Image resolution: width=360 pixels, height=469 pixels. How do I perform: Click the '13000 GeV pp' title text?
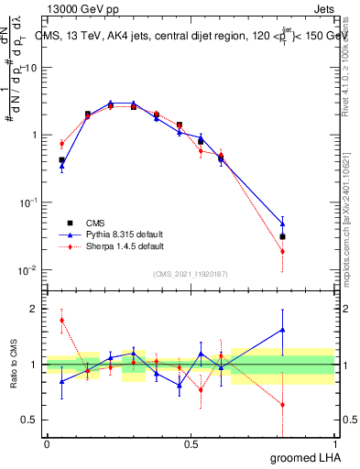coord(80,8)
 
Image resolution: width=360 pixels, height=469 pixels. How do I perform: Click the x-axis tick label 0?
coord(47,443)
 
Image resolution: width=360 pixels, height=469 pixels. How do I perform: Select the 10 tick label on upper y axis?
coord(30,68)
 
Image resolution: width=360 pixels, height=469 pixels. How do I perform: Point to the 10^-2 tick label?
coord(28,270)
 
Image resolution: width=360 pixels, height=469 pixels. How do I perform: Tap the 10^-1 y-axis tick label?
coord(28,202)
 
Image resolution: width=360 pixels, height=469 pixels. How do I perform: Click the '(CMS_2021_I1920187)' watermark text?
coord(191,273)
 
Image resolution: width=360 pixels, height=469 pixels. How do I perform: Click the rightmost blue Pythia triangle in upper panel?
coord(282,224)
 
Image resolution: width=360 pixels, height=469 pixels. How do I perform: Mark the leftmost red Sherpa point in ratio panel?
coord(61,320)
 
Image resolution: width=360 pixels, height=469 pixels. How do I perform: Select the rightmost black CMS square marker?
coord(282,236)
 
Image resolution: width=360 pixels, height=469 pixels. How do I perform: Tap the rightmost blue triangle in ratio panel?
coord(282,330)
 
